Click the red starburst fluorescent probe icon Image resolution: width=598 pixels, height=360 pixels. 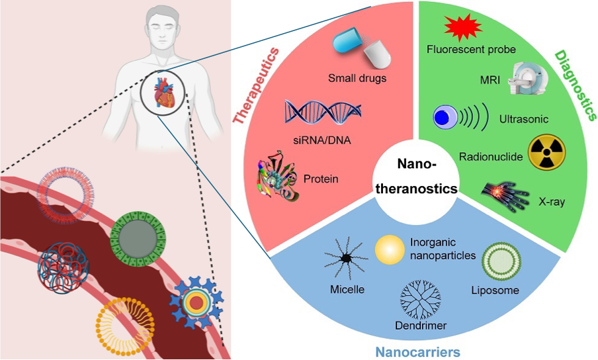point(462,28)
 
